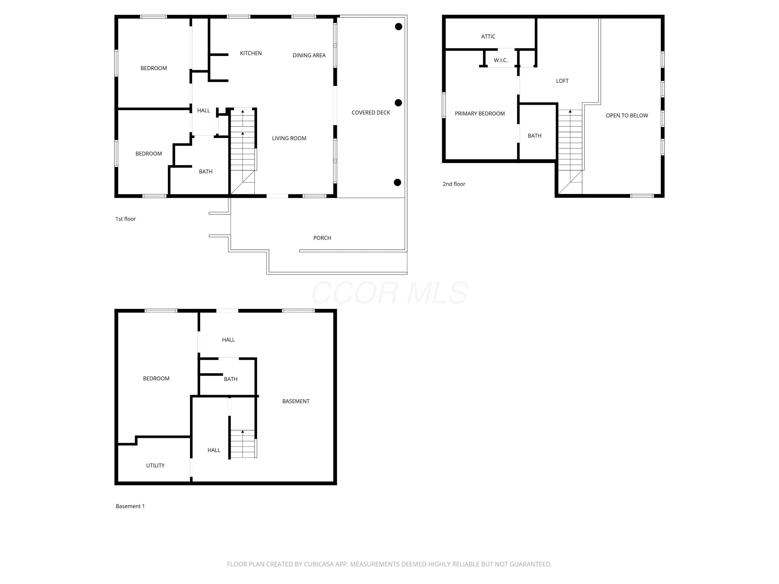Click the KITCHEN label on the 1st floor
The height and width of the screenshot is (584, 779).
click(251, 53)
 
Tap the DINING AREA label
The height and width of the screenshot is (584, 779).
click(309, 55)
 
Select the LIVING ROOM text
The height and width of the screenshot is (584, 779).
click(289, 138)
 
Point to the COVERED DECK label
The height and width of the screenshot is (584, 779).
click(371, 113)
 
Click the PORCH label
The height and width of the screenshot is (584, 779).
click(322, 238)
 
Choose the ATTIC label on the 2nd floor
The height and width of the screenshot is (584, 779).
click(488, 36)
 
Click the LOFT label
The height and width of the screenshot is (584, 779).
click(562, 81)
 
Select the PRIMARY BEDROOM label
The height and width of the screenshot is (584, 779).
click(480, 113)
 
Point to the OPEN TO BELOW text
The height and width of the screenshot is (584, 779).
click(627, 116)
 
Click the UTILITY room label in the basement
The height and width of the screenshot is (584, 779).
click(155, 465)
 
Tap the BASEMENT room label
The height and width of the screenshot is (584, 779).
click(296, 401)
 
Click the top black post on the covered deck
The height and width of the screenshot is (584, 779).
click(398, 26)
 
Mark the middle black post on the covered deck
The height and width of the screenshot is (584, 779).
click(398, 103)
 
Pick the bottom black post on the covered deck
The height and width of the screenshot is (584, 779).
click(397, 182)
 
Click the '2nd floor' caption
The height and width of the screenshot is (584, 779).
click(454, 184)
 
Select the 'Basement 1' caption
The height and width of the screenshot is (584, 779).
click(130, 506)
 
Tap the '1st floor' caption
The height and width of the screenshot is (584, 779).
click(126, 219)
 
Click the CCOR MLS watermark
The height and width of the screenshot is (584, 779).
click(389, 293)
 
